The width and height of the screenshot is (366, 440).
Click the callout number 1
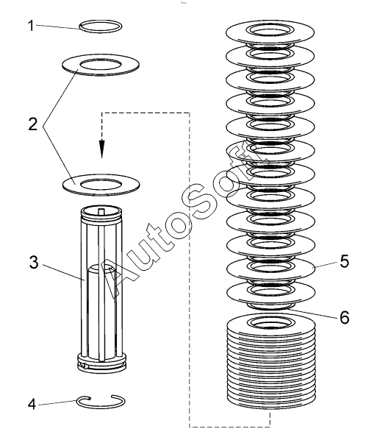click(31, 26)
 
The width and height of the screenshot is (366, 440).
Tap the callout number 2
click(33, 124)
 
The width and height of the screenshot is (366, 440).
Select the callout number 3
click(34, 263)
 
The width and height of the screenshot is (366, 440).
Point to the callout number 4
click(32, 405)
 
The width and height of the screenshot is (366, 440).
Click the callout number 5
click(345, 260)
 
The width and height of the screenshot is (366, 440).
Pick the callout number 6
click(345, 317)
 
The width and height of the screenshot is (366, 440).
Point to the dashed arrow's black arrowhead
click(102, 149)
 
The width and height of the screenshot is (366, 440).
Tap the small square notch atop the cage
click(101, 211)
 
